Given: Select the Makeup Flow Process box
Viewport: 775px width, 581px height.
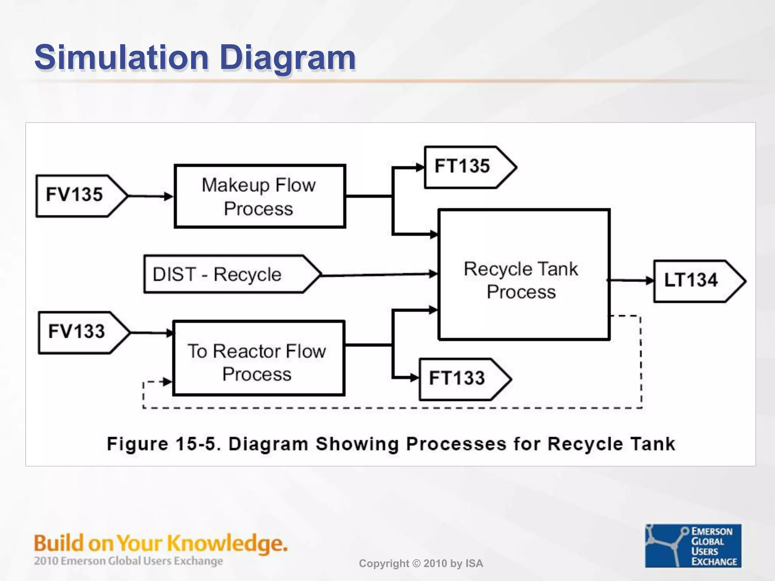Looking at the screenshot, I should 260,196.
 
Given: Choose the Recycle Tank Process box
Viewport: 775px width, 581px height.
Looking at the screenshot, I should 524,275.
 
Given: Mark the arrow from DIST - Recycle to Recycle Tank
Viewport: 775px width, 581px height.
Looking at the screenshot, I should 378,275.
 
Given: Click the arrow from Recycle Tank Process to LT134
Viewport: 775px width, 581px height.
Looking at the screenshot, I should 631,281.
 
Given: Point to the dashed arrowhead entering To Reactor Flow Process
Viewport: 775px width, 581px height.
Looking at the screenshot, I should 167,382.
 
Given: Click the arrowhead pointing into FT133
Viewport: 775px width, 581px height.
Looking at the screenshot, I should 414,377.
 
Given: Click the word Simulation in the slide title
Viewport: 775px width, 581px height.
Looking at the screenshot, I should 121,57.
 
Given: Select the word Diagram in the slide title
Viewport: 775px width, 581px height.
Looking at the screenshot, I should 288,57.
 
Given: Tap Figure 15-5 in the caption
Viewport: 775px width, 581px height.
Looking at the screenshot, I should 163,444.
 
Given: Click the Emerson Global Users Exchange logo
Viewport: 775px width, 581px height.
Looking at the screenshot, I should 693,545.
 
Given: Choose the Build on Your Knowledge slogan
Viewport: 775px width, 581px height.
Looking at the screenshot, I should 160,543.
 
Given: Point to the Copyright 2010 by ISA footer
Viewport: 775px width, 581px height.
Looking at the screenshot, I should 421,564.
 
